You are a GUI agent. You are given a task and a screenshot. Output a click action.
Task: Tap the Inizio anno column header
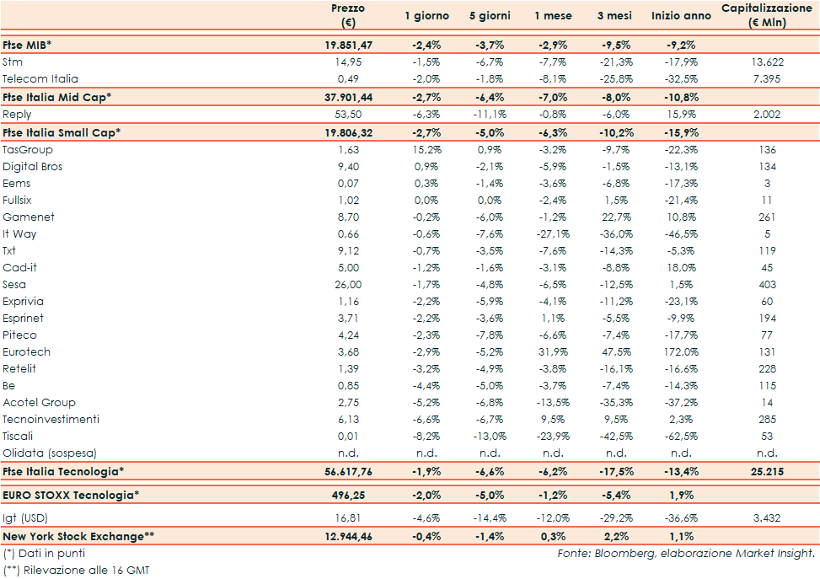pyautogui.click(x=681, y=16)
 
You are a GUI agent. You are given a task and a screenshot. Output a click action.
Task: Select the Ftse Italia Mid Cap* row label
pyautogui.click(x=57, y=97)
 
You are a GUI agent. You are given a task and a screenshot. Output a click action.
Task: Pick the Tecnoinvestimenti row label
pyautogui.click(x=51, y=419)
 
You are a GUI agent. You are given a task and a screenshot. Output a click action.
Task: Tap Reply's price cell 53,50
pyautogui.click(x=347, y=114)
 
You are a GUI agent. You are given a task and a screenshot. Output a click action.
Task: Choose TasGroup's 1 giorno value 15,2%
pyautogui.click(x=426, y=149)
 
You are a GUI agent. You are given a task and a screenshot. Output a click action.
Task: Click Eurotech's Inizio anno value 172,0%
pyautogui.click(x=679, y=351)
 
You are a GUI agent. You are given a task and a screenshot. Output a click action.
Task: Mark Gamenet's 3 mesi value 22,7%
pyautogui.click(x=617, y=217)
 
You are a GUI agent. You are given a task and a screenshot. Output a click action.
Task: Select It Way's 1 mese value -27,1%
pyautogui.click(x=554, y=233)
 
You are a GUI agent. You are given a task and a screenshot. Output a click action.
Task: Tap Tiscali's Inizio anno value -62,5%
pyautogui.click(x=679, y=436)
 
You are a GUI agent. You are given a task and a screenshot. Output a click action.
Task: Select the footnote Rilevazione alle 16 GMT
pyautogui.click(x=84, y=570)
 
